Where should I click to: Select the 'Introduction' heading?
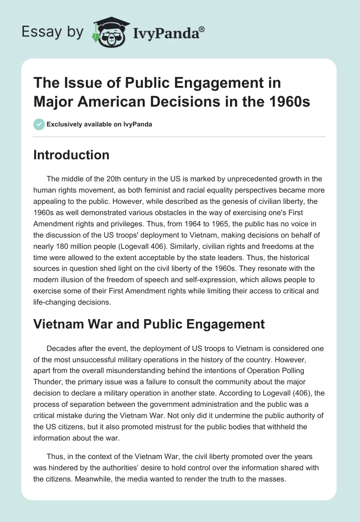(72, 155)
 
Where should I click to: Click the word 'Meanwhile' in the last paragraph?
(78, 479)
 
